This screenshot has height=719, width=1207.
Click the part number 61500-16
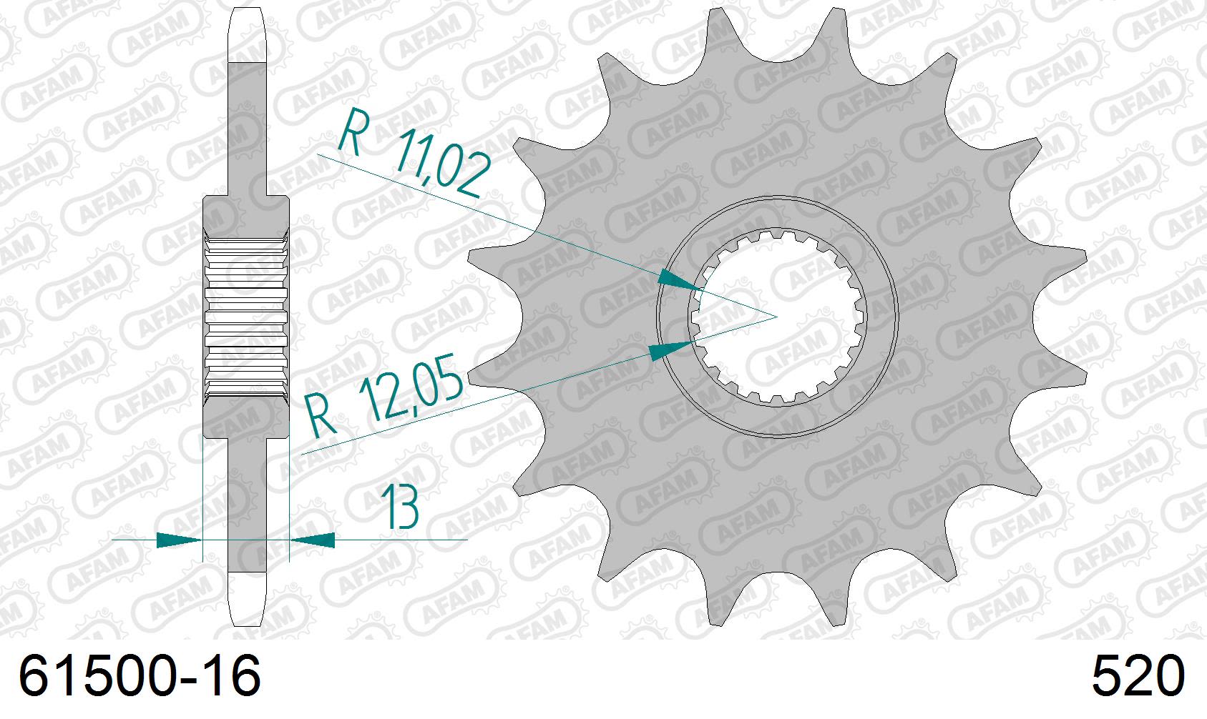tap(140, 677)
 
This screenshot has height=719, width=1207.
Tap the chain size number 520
tap(1138, 677)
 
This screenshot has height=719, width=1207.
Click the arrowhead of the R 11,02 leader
tap(680, 280)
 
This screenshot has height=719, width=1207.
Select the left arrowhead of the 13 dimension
tap(179, 540)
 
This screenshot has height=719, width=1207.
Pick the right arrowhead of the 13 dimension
tap(313, 540)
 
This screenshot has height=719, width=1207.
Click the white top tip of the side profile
tap(247, 36)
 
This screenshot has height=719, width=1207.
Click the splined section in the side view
tap(247, 316)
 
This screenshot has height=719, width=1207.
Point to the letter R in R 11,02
tap(351, 132)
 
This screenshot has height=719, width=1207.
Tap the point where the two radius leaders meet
tap(777, 315)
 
